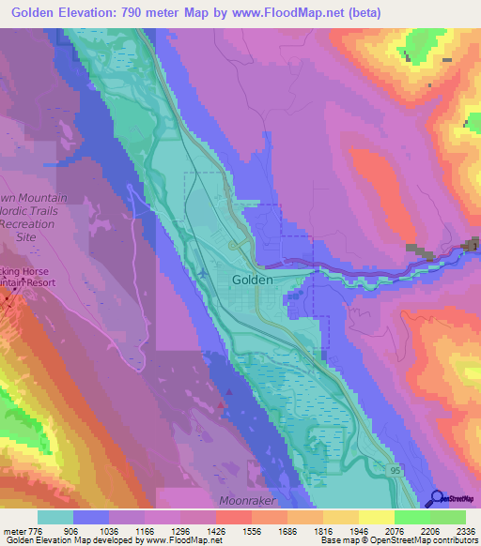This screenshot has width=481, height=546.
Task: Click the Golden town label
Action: (x=253, y=280)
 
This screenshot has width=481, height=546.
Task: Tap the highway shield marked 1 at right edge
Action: (x=474, y=247)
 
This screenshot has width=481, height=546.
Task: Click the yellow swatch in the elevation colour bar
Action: (x=376, y=517)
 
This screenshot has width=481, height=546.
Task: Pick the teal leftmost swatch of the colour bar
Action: (x=55, y=517)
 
